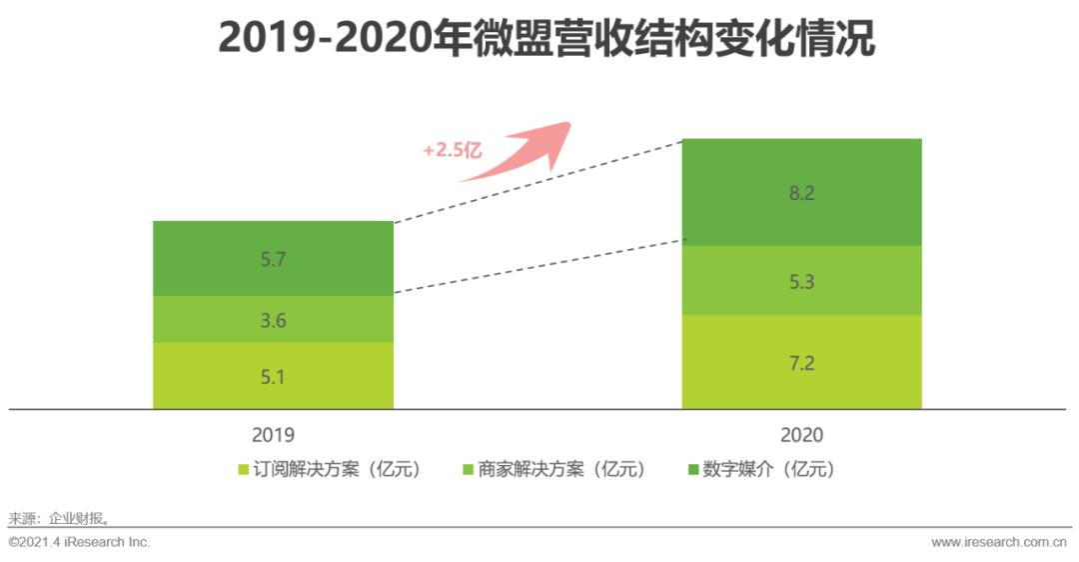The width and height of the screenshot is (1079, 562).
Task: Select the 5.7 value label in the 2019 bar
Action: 273,259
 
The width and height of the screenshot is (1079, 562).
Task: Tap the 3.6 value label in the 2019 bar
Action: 273,320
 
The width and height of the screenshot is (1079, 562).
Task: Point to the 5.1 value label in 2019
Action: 273,377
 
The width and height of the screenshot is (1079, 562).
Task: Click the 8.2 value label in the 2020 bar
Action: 801,194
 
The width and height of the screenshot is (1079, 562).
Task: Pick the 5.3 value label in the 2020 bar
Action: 801,282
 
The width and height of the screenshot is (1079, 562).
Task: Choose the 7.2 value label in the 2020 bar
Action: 801,363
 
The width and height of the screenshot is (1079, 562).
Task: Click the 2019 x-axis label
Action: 273,435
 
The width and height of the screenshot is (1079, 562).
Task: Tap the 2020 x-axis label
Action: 801,435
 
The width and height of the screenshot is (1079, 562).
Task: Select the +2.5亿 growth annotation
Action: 452,150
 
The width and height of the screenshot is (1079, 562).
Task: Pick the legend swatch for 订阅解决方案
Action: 243,469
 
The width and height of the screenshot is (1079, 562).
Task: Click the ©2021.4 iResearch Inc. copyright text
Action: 79,542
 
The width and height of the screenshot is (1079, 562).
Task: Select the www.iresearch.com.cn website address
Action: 999,542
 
